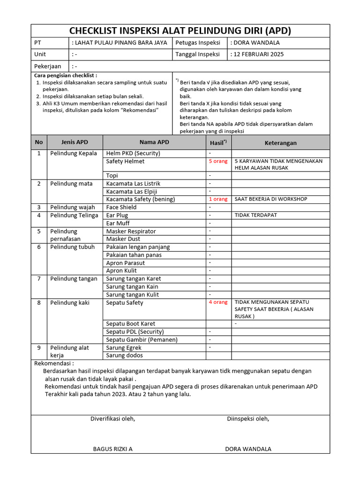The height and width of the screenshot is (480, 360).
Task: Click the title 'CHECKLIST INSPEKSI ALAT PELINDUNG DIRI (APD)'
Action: point(180,31)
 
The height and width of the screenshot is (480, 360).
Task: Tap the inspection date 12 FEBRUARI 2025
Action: point(258,54)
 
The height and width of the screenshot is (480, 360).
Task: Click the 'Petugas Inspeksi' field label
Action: point(198,43)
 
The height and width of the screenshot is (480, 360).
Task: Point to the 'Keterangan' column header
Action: point(280,143)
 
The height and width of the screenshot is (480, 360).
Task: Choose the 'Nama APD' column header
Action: point(154,142)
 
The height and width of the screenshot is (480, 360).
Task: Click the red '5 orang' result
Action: point(218,161)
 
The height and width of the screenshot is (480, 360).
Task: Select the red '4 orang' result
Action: point(218,302)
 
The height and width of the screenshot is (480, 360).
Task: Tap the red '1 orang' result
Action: point(218,199)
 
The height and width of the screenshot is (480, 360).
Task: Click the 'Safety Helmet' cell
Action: point(125,161)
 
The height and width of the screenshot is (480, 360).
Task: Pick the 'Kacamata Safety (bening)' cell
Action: point(140,199)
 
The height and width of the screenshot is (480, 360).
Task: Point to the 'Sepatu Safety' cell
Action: point(125,303)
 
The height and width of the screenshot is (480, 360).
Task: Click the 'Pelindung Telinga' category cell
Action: point(74,215)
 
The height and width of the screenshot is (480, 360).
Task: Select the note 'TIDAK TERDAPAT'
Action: point(255,215)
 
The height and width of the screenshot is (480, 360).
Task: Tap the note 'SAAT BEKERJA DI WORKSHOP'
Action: point(270,199)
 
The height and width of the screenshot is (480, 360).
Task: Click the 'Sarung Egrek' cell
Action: point(124,348)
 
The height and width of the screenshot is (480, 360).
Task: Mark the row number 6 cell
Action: point(39,247)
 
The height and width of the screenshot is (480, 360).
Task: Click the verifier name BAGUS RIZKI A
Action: point(112,449)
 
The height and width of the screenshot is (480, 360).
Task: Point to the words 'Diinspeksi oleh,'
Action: point(248,419)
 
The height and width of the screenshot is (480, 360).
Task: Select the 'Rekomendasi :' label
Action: point(54,363)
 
